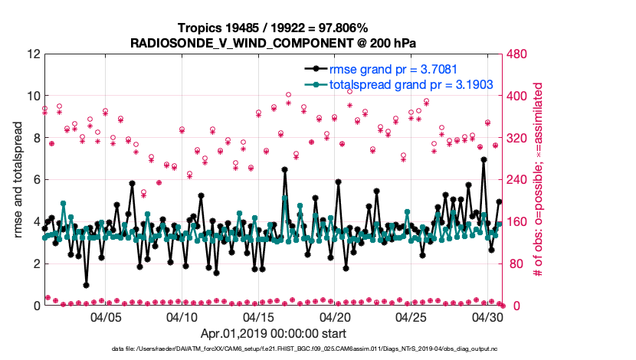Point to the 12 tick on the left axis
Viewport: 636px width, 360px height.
pyautogui.click(x=32, y=54)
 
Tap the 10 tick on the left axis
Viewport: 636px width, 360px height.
pyautogui.click(x=32, y=97)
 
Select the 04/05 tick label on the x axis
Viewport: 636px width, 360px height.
pyautogui.click(x=107, y=316)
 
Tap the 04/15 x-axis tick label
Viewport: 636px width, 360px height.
pyautogui.click(x=259, y=316)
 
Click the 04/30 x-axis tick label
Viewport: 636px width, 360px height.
pyautogui.click(x=488, y=316)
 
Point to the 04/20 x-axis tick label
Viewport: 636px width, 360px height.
pyautogui.click(x=336, y=316)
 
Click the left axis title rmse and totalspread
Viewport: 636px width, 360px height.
pyautogui.click(x=18, y=180)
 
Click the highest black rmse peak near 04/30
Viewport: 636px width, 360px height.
pyautogui.click(x=484, y=160)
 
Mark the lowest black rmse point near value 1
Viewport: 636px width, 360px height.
pyautogui.click(x=87, y=285)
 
